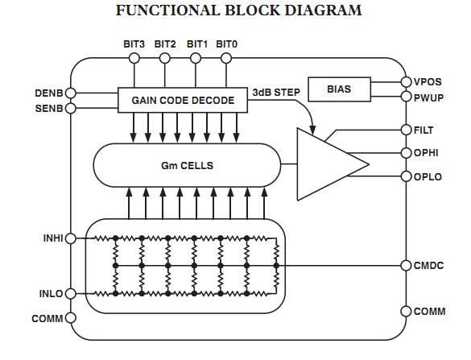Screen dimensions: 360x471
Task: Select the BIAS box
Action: click(339, 90)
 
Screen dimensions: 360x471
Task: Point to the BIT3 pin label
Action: click(134, 43)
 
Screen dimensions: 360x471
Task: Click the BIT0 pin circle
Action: click(227, 58)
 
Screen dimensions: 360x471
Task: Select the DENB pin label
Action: click(48, 93)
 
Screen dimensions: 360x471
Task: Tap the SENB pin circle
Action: click(71, 108)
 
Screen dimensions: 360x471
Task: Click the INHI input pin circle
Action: click(71, 238)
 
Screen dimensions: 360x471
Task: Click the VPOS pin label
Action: click(428, 82)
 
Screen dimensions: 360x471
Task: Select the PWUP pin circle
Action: click(407, 97)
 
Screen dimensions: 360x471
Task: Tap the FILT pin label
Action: click(423, 129)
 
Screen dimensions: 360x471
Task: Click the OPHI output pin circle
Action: click(407, 151)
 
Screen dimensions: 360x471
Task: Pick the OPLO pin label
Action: click(428, 176)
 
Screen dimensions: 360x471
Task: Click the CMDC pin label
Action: click(428, 265)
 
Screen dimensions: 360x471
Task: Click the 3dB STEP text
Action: click(275, 92)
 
